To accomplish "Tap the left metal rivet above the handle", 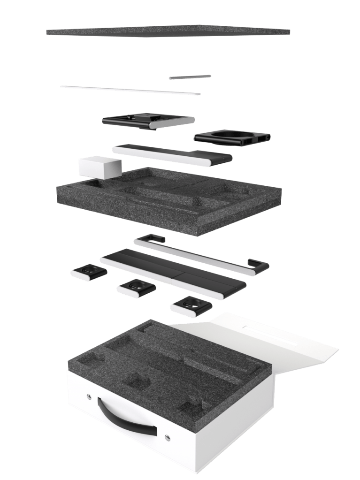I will [x=89, y=397].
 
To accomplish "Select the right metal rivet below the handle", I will [x=168, y=438].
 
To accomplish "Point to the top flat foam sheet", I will [x=168, y=31].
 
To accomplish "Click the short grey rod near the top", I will [x=190, y=77].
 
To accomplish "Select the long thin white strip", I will [x=130, y=90].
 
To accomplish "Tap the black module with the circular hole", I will [x=232, y=137].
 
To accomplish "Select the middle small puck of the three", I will [x=136, y=288].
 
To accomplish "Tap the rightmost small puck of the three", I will [x=190, y=306].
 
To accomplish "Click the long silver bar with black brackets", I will [x=197, y=256].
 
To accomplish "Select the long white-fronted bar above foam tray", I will [x=171, y=155].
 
